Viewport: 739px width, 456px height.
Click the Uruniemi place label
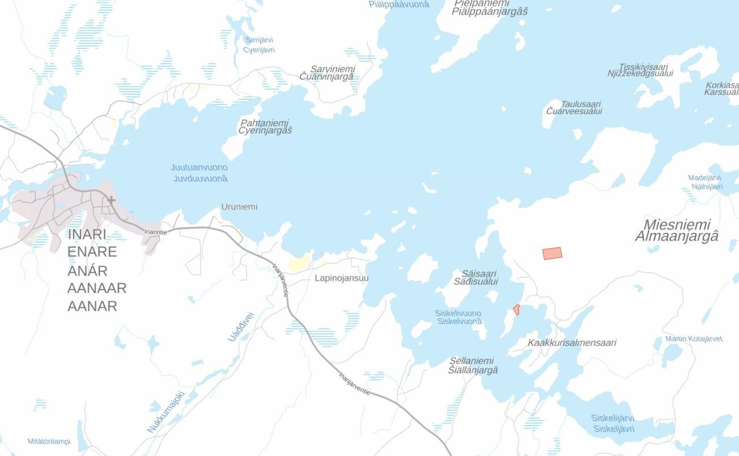pos(239,207)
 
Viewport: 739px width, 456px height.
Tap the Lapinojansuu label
pos(342,278)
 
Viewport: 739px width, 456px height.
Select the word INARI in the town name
pos(87,234)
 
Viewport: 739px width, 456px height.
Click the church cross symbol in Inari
pos(111,200)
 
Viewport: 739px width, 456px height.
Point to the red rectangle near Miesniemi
pos(552,253)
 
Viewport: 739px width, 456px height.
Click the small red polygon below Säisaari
pos(516,309)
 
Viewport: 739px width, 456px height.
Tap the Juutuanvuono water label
pos(199,168)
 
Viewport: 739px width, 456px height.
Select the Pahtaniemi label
pos(265,123)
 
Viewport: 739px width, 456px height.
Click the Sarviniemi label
pos(332,69)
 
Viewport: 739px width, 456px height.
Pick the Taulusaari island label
pos(580,104)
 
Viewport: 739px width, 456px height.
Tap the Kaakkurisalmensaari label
pos(572,343)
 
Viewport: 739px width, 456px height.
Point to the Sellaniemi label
pos(472,361)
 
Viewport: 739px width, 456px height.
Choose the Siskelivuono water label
pos(458,313)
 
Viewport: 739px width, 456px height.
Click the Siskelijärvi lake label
pos(613,418)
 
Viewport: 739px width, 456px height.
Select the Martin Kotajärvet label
pos(694,339)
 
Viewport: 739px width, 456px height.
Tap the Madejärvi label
pos(704,178)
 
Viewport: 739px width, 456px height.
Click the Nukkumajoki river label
pos(166,412)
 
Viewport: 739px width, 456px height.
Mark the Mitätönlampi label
pos(49,441)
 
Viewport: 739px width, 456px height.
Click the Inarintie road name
pos(155,232)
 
